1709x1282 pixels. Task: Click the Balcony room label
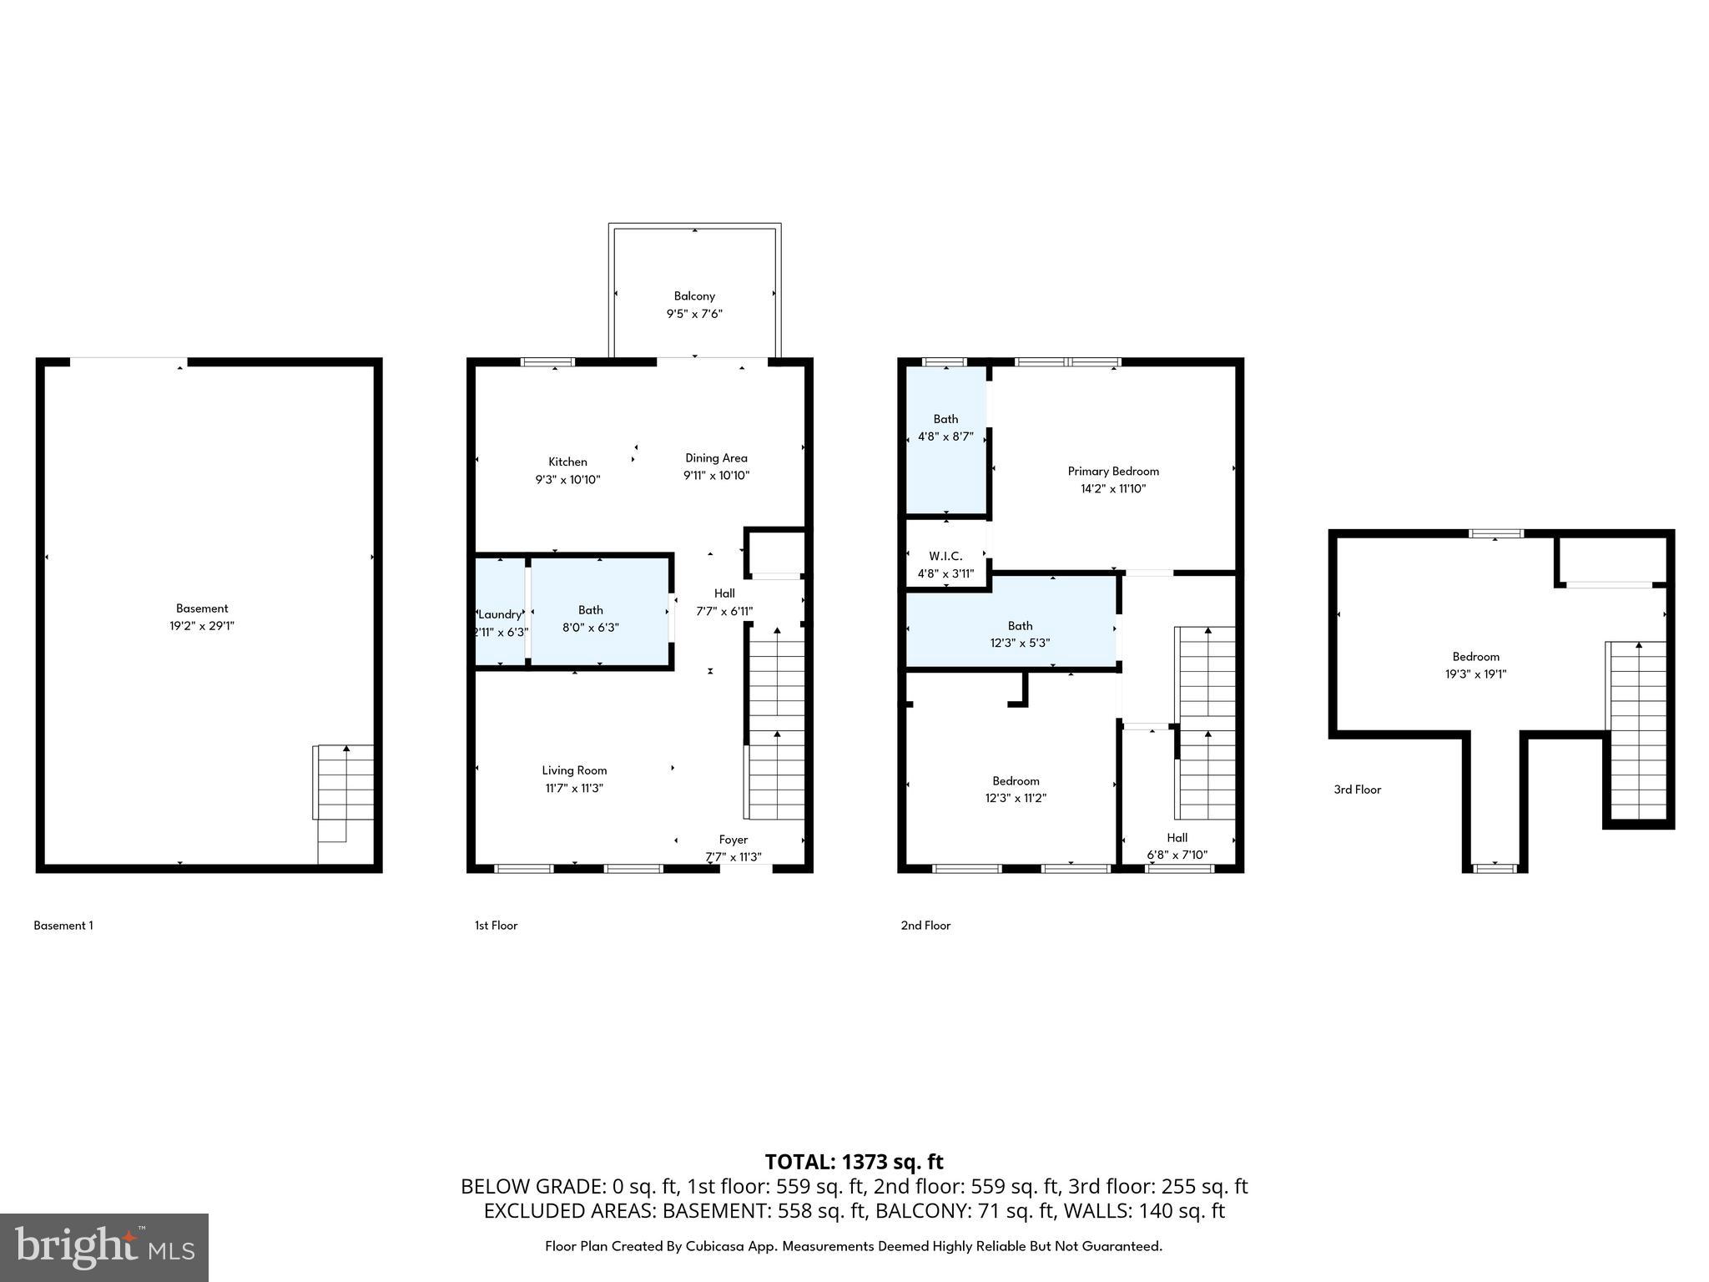point(694,296)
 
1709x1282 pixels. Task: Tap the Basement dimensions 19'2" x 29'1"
point(201,626)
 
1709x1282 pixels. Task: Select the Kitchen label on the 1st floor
point(567,462)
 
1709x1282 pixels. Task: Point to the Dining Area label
point(716,457)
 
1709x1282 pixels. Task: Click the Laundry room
point(500,614)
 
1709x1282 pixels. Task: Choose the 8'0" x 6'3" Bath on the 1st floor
point(590,618)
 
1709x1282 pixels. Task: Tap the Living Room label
point(574,770)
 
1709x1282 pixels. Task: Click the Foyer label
point(733,840)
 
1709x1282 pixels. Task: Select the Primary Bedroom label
point(1113,471)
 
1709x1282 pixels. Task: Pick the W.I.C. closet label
point(945,556)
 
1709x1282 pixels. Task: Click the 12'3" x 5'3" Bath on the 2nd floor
point(1019,634)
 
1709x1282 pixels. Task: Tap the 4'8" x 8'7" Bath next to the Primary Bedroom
point(945,427)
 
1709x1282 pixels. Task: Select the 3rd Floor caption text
point(1357,790)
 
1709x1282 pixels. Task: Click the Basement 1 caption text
point(63,926)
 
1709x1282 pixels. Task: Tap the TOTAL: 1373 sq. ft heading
point(854,1162)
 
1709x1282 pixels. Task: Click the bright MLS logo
point(104,1247)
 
